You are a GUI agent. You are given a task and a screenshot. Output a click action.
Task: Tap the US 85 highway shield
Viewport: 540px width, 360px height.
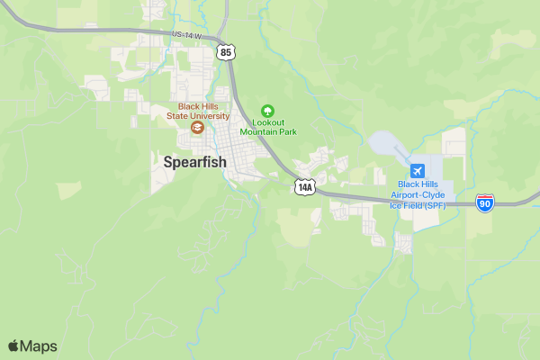226,53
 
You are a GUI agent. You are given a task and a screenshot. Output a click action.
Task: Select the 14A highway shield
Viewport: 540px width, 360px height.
305,187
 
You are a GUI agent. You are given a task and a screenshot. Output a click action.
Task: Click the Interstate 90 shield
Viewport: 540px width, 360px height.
485,203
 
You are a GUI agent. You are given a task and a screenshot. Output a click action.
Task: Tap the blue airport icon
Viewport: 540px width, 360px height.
417,171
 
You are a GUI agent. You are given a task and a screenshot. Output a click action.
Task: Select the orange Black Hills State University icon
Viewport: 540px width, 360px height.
196,128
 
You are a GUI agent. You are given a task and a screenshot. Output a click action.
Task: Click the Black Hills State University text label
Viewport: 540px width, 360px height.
196,111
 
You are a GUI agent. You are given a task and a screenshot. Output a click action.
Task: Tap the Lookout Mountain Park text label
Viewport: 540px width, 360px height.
268,127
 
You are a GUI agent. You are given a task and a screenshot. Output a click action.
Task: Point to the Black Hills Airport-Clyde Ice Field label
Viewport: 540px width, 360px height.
417,194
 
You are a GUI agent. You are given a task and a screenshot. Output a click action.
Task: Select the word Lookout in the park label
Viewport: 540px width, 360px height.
268,122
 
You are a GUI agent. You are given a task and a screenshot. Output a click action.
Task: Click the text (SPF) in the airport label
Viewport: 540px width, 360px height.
435,205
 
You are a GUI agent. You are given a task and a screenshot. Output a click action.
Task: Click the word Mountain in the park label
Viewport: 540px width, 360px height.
257,131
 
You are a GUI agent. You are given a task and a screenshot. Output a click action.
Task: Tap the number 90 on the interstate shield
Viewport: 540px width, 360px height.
485,205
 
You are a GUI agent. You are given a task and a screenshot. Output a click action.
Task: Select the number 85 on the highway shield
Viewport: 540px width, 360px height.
226,54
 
